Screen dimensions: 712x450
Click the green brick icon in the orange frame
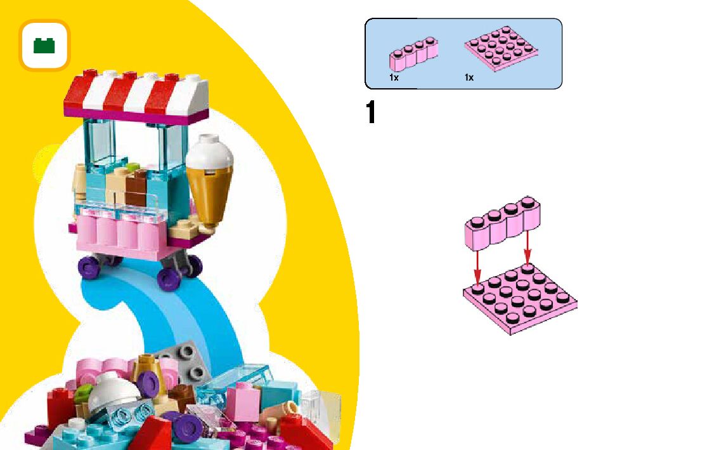(x=44, y=45)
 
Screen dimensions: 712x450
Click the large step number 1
(x=372, y=114)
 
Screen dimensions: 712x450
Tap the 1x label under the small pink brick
(x=394, y=77)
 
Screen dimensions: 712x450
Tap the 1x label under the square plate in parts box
(x=469, y=77)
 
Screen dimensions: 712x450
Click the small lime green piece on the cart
(x=132, y=168)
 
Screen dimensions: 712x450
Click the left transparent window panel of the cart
(x=101, y=145)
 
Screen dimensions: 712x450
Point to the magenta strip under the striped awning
(x=137, y=115)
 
